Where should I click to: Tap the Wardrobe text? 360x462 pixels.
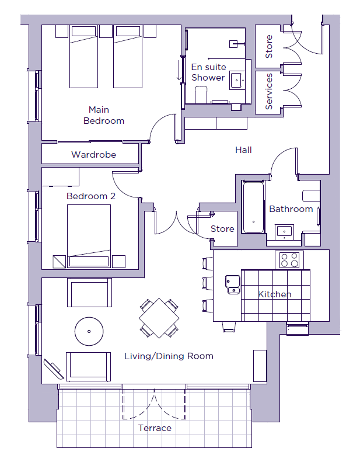click(x=93, y=154)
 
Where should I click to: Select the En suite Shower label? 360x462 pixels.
click(x=208, y=72)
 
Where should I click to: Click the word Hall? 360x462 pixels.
click(x=243, y=150)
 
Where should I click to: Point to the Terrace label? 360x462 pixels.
click(x=155, y=428)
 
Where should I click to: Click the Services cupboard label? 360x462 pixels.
click(x=269, y=92)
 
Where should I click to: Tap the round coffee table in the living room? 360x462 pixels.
click(x=89, y=331)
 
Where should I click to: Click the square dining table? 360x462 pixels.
click(x=159, y=318)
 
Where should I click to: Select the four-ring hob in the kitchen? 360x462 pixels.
click(x=289, y=260)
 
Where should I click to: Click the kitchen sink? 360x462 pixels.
click(x=233, y=284)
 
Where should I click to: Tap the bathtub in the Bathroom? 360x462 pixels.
click(x=253, y=207)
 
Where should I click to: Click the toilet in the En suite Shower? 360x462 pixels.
click(x=201, y=94)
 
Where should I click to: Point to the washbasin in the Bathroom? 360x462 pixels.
click(x=284, y=231)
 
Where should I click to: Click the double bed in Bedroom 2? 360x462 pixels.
click(x=89, y=236)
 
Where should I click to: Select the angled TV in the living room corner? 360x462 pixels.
click(x=54, y=369)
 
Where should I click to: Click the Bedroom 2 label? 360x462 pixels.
click(x=91, y=196)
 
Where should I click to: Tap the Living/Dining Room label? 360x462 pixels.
click(x=169, y=356)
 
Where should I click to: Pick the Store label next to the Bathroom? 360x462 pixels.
click(x=222, y=228)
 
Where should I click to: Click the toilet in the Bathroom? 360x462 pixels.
click(x=311, y=196)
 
